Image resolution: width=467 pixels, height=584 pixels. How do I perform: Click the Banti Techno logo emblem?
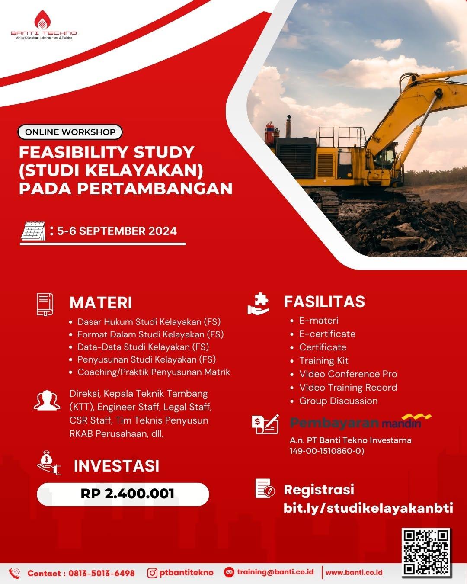click(x=43, y=21)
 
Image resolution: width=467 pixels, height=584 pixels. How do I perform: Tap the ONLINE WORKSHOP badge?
click(x=70, y=132)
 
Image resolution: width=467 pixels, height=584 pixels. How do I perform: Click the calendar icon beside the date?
click(x=33, y=231)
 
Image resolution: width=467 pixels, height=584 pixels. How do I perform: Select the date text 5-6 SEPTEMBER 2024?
click(x=117, y=231)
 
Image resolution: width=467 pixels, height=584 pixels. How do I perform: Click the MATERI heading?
click(x=100, y=303)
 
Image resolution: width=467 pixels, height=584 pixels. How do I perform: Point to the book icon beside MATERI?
click(x=45, y=304)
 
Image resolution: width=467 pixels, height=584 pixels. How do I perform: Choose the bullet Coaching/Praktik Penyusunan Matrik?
click(x=154, y=372)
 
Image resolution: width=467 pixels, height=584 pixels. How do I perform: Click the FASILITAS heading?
click(x=324, y=302)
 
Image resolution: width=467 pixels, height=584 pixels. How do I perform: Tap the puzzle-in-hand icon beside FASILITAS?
click(x=259, y=304)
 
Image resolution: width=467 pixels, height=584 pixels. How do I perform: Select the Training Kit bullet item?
click(x=323, y=361)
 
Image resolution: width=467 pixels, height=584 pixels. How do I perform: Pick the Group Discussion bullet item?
click(x=338, y=401)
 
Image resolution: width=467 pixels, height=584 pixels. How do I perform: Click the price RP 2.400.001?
click(x=127, y=494)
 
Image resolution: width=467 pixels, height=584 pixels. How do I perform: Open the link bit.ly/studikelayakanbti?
click(x=368, y=508)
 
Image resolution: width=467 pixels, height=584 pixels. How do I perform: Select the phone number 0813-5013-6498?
click(x=101, y=573)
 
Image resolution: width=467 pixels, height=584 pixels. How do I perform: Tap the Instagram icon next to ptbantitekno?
click(x=152, y=573)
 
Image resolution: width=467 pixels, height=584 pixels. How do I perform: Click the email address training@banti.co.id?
click(x=275, y=572)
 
